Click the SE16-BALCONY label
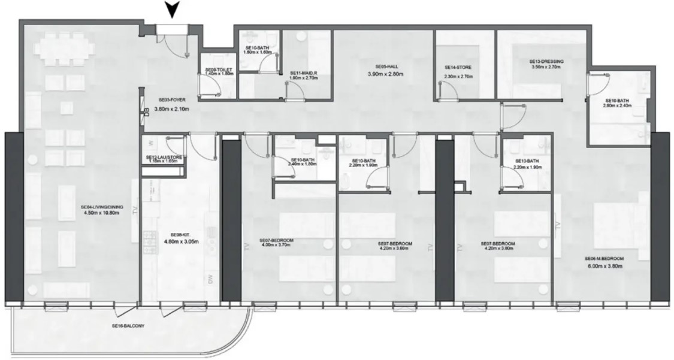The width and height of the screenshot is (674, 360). [128, 326]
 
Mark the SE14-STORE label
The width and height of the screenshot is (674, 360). [459, 68]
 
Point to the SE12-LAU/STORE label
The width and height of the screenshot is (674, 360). [164, 157]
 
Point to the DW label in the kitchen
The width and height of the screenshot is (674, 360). [210, 279]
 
